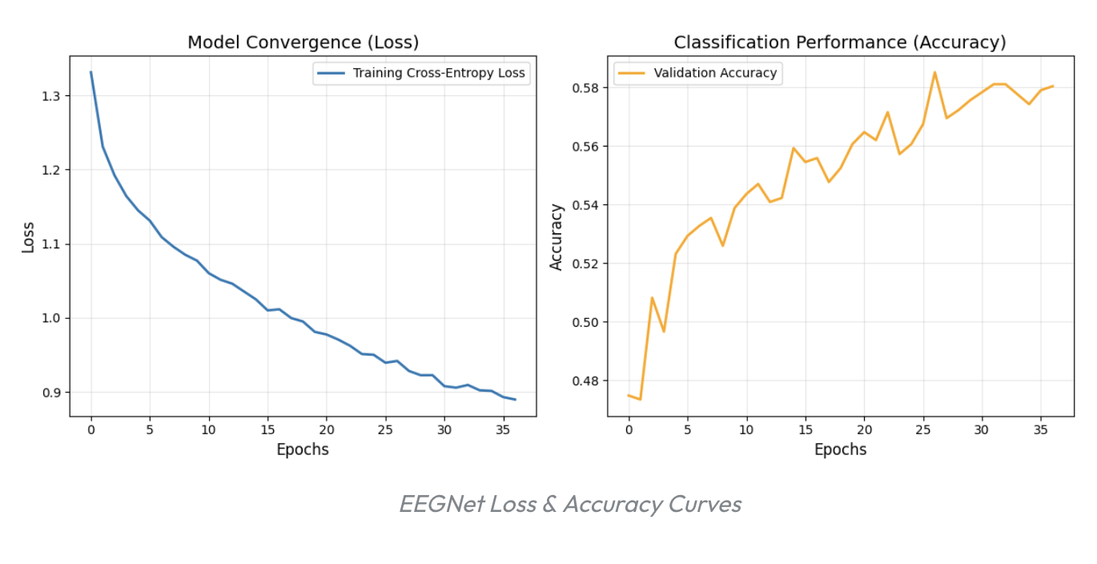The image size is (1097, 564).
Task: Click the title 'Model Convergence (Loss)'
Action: [x=303, y=42]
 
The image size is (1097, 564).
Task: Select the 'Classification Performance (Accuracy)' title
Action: [x=840, y=42]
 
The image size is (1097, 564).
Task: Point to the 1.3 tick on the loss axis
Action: [x=50, y=96]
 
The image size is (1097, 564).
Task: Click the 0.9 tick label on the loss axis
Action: [x=50, y=393]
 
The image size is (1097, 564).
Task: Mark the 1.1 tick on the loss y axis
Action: [x=50, y=244]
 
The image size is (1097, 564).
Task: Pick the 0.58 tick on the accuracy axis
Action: [x=585, y=88]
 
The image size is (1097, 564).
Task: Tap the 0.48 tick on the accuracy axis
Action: [x=585, y=381]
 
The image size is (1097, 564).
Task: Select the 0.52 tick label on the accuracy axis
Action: [x=585, y=264]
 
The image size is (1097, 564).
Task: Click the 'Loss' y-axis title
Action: [x=28, y=237]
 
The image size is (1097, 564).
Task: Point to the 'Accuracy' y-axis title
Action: [x=557, y=237]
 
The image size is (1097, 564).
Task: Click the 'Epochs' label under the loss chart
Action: [x=303, y=449]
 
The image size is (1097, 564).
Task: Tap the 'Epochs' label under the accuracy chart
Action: [x=840, y=449]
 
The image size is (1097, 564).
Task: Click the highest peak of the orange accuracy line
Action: [x=934, y=72]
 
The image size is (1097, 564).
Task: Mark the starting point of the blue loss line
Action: [x=90, y=72]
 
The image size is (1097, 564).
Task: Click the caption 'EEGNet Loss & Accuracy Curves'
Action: [x=570, y=504]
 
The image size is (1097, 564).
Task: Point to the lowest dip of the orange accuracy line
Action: [x=640, y=399]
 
